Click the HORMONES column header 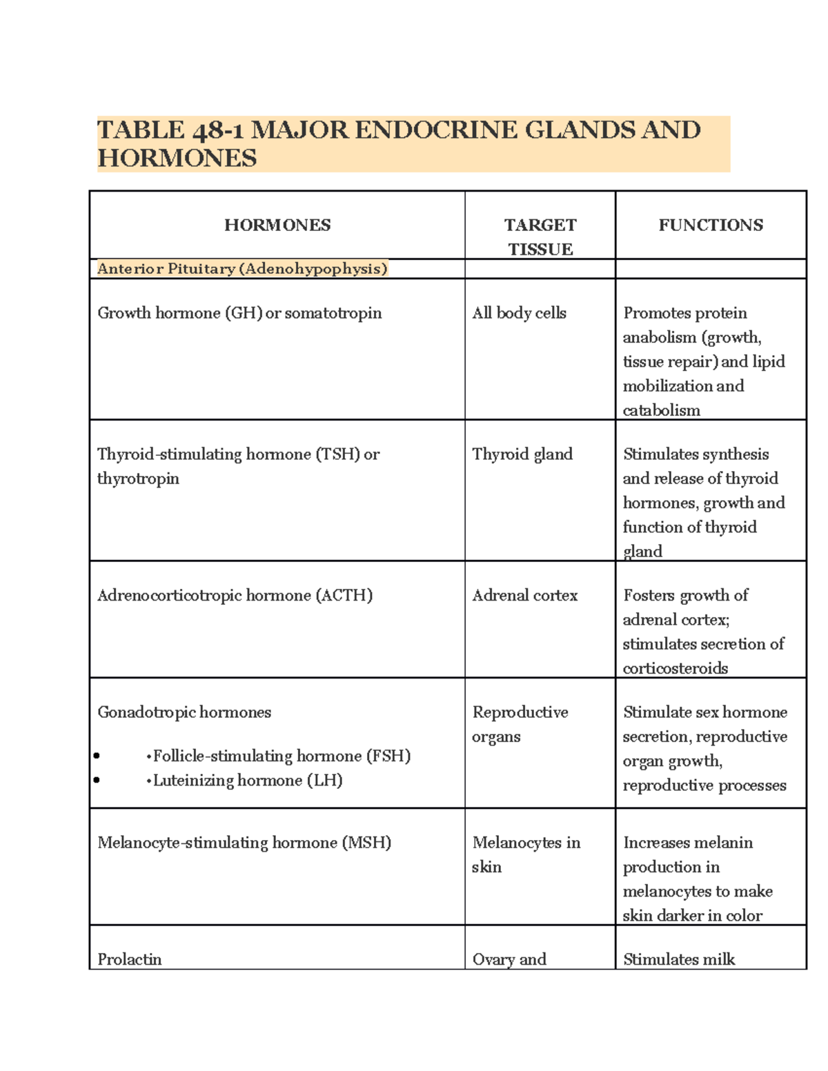coord(277,226)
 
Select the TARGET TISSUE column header coord(540,237)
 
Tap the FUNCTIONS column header coord(711,226)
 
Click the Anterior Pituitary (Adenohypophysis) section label coord(242,269)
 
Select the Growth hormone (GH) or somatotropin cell coord(239,313)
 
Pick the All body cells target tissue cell coord(519,313)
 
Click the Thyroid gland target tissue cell coord(522,454)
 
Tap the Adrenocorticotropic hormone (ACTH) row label coord(235,596)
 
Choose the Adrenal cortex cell coord(524,596)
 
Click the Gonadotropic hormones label coord(184,712)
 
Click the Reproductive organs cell coord(520,724)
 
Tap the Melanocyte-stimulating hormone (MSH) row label coord(244,843)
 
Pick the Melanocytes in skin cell coord(526,854)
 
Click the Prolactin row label coord(130,959)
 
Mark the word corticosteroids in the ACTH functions coord(675,668)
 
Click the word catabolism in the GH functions coord(661,410)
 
